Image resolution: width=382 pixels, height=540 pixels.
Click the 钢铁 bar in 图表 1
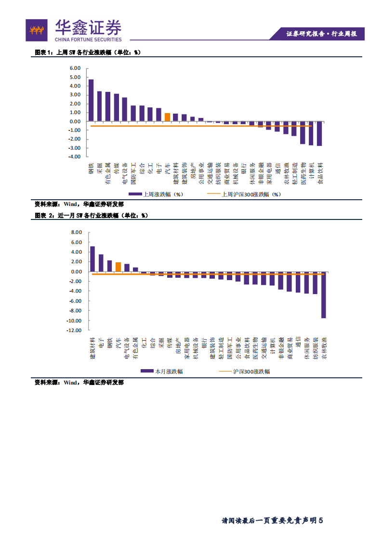[91, 100]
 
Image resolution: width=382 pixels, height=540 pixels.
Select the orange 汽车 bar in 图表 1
[167, 117]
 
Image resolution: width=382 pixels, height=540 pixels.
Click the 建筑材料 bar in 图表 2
[92, 259]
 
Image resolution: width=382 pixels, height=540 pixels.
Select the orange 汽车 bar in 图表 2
[118, 267]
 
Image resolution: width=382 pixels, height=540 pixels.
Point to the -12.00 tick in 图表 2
[75, 331]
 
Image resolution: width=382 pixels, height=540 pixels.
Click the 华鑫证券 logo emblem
[37, 30]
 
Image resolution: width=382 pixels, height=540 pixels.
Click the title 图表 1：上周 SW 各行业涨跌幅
[87, 52]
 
